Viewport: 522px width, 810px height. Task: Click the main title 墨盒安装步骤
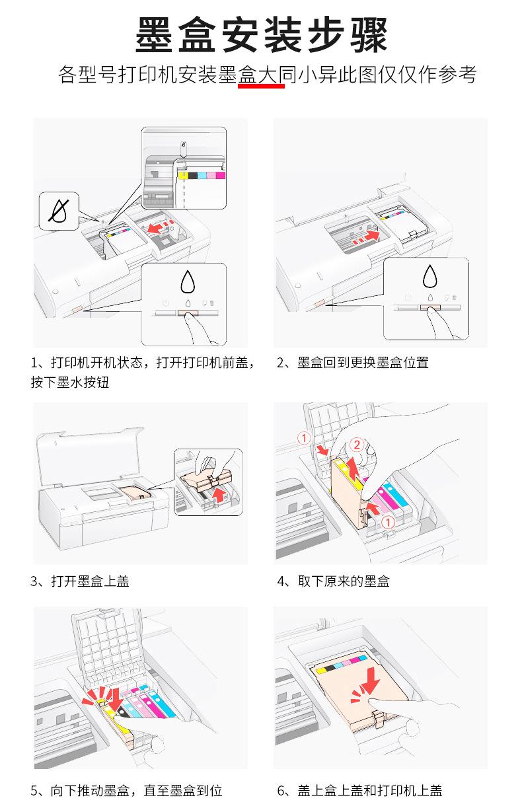261,35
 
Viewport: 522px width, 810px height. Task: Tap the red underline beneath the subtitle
261,86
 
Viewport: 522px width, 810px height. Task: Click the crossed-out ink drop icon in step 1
59,211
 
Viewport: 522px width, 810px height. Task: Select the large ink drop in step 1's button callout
188,281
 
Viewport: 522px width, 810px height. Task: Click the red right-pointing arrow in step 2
371,235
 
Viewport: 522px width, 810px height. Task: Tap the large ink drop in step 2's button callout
430,276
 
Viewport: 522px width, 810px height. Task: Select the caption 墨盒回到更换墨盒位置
363,362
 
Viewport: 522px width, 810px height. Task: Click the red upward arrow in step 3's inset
219,494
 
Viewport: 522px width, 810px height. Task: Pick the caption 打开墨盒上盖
90,581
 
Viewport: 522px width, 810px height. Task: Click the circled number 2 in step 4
357,445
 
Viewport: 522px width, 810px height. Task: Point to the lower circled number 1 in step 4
388,522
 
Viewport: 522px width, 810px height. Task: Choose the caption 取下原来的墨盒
344,581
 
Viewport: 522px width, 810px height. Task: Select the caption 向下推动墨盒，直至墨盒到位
136,790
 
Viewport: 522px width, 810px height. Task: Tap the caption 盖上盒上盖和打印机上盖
370,790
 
